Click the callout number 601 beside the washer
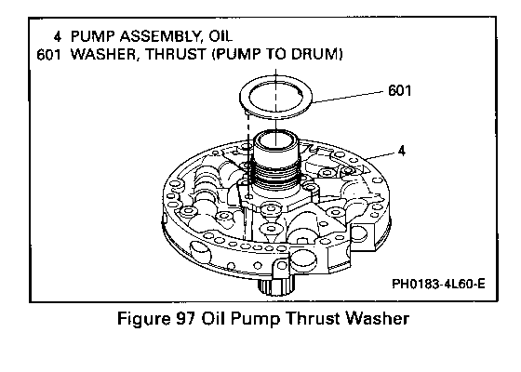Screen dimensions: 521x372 pos(400,91)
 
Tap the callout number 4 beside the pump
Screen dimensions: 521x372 pos(402,151)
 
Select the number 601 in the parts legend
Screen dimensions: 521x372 pos(48,55)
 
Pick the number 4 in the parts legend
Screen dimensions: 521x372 pos(58,36)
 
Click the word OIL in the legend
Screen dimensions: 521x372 pos(220,36)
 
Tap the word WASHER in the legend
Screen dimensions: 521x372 pos(104,55)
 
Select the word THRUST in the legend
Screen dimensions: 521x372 pos(176,55)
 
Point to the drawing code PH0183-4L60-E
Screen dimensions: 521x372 pos(438,284)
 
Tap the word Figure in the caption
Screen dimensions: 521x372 pos(143,319)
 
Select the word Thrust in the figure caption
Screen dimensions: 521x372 pos(313,318)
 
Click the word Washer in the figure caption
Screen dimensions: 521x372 pos(377,318)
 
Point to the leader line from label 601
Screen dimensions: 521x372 pos(348,97)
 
